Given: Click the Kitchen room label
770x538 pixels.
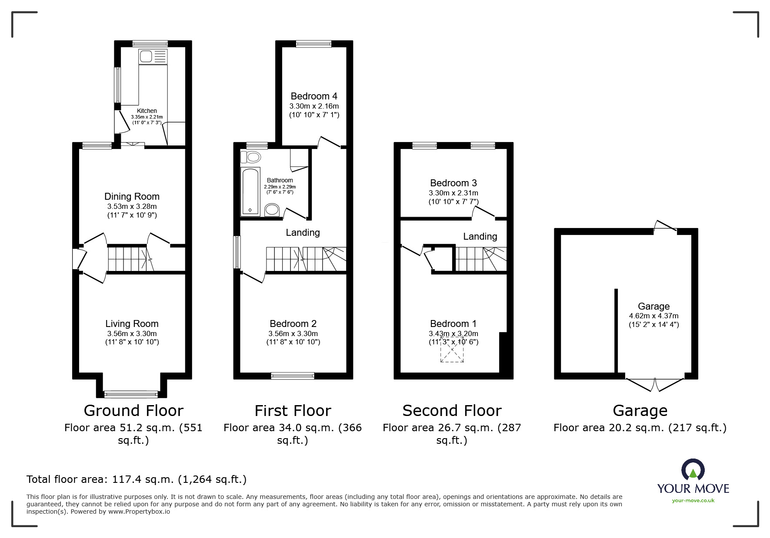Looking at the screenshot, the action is coord(147,111).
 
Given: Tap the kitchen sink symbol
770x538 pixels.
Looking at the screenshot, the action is coord(153,56).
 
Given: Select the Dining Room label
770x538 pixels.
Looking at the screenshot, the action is coord(132,196).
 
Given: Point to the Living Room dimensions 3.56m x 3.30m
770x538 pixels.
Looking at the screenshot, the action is coord(132,333).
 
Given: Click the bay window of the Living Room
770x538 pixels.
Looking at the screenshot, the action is coord(131,394).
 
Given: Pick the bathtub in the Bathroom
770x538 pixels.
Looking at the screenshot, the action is coord(250,191).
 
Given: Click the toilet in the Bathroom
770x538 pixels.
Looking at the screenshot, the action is coord(250,156).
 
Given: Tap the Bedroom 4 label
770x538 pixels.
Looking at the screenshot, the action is coord(314,96).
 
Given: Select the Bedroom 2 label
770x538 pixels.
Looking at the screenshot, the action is coord(293,323).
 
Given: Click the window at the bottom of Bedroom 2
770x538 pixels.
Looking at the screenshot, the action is coord(293,376).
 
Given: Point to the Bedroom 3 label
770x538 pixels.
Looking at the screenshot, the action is coord(453,183).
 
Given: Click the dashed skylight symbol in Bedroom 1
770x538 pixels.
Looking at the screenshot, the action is coord(452,350).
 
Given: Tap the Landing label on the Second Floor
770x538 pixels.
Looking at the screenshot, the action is coord(480,236).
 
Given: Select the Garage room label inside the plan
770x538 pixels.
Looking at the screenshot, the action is coord(653,306).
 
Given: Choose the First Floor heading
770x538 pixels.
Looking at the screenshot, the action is coord(293,410).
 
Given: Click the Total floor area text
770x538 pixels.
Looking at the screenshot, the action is coord(137,479).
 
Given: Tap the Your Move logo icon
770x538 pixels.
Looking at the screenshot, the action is coord(693,470).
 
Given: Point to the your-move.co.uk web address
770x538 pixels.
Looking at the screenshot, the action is coord(693,501).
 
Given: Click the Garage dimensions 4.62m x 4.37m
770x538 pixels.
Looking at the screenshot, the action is coord(653,316).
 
